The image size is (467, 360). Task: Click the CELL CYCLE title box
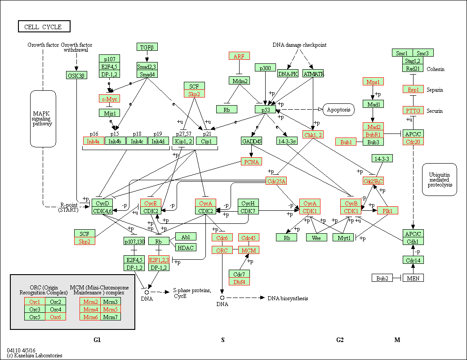(44, 26)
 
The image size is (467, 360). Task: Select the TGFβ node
(147, 47)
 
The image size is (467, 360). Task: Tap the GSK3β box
(76, 76)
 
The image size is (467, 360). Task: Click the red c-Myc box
(109, 99)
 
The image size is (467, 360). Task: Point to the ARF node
(239, 56)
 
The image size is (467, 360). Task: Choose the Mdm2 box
(240, 81)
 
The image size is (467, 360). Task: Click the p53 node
(265, 110)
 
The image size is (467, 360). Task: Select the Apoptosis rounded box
(338, 110)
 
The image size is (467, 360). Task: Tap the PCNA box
(251, 162)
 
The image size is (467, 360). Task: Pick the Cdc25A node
(276, 181)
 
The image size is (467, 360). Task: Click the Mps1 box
(373, 82)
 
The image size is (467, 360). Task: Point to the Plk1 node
(387, 210)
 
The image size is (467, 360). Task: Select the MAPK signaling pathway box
(43, 119)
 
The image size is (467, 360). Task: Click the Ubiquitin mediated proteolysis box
(439, 180)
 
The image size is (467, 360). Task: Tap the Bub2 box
(382, 278)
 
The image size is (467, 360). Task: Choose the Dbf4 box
(239, 281)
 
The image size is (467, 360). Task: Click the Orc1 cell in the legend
(35, 301)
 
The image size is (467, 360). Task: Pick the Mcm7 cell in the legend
(111, 317)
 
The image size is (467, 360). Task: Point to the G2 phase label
(340, 340)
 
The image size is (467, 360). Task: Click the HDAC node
(186, 248)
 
